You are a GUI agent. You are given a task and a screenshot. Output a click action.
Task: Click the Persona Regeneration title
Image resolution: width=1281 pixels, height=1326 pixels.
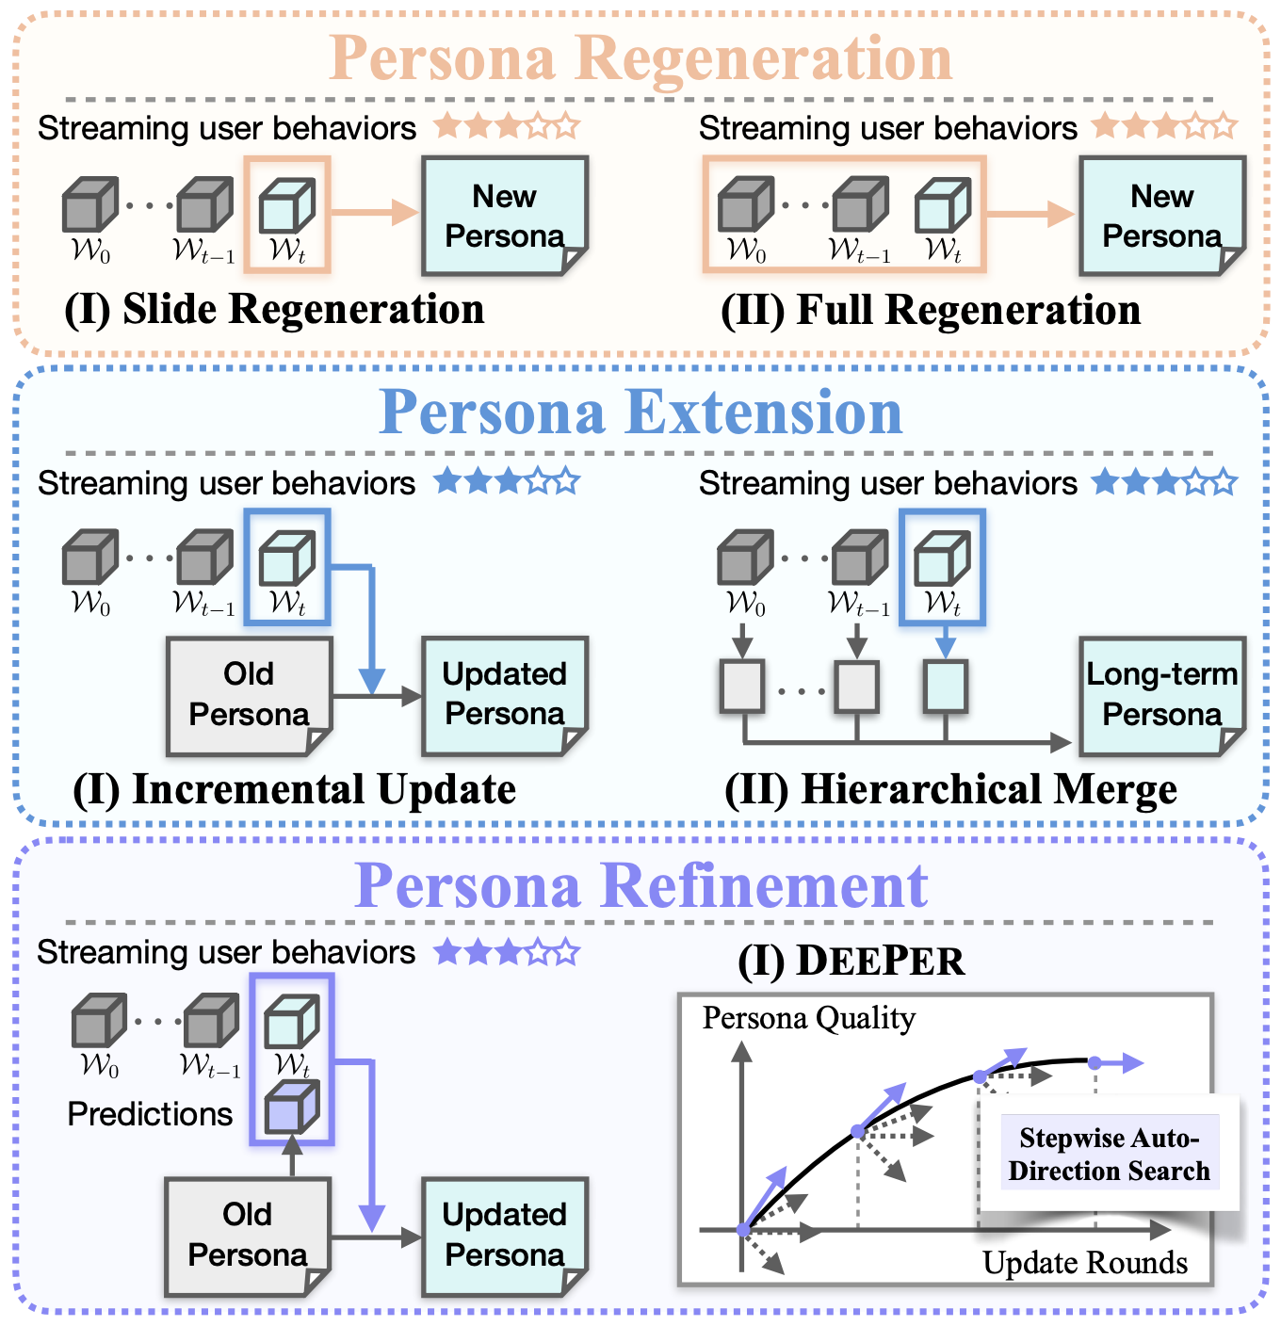(x=640, y=58)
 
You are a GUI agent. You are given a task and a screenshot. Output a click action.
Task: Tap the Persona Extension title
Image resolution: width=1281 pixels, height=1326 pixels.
(x=640, y=412)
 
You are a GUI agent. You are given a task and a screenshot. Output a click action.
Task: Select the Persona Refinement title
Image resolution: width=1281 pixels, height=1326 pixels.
(x=640, y=885)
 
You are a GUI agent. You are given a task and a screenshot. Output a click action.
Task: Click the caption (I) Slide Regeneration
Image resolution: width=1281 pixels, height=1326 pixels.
(x=274, y=309)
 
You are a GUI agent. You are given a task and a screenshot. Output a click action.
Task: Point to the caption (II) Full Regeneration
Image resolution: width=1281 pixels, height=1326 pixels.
(x=931, y=310)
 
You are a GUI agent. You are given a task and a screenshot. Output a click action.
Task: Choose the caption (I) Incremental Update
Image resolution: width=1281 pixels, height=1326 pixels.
(x=294, y=789)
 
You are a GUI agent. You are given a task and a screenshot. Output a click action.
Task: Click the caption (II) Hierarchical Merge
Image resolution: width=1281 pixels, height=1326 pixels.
(x=950, y=789)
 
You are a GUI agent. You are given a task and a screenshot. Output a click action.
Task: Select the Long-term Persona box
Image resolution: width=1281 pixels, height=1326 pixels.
(x=1161, y=695)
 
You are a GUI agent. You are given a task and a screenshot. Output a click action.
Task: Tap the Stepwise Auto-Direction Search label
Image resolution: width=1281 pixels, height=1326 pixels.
(x=1109, y=1154)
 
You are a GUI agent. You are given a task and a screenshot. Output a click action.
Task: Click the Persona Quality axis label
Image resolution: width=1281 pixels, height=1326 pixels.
(x=808, y=1018)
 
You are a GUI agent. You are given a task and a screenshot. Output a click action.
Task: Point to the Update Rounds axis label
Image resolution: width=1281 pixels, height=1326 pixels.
(x=1085, y=1263)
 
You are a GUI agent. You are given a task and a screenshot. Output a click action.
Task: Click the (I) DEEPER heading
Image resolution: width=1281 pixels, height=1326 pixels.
(x=851, y=961)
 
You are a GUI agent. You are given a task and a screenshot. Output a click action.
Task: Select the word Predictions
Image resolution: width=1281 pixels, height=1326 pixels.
(x=150, y=1114)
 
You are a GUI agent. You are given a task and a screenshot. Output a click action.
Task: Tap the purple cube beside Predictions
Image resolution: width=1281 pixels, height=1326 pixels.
(x=291, y=1108)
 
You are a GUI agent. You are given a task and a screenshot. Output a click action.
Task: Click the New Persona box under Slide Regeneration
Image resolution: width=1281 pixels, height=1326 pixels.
(x=504, y=216)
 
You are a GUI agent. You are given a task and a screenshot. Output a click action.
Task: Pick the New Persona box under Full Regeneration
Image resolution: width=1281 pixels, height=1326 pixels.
(x=1161, y=216)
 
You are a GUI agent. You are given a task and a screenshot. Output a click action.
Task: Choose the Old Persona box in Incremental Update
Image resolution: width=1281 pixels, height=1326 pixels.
(x=249, y=695)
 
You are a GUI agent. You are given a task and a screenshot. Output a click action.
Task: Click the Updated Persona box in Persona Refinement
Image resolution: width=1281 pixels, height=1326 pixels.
(x=504, y=1236)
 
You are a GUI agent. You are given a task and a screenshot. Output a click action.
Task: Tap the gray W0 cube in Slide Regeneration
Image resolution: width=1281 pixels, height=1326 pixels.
(x=89, y=205)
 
